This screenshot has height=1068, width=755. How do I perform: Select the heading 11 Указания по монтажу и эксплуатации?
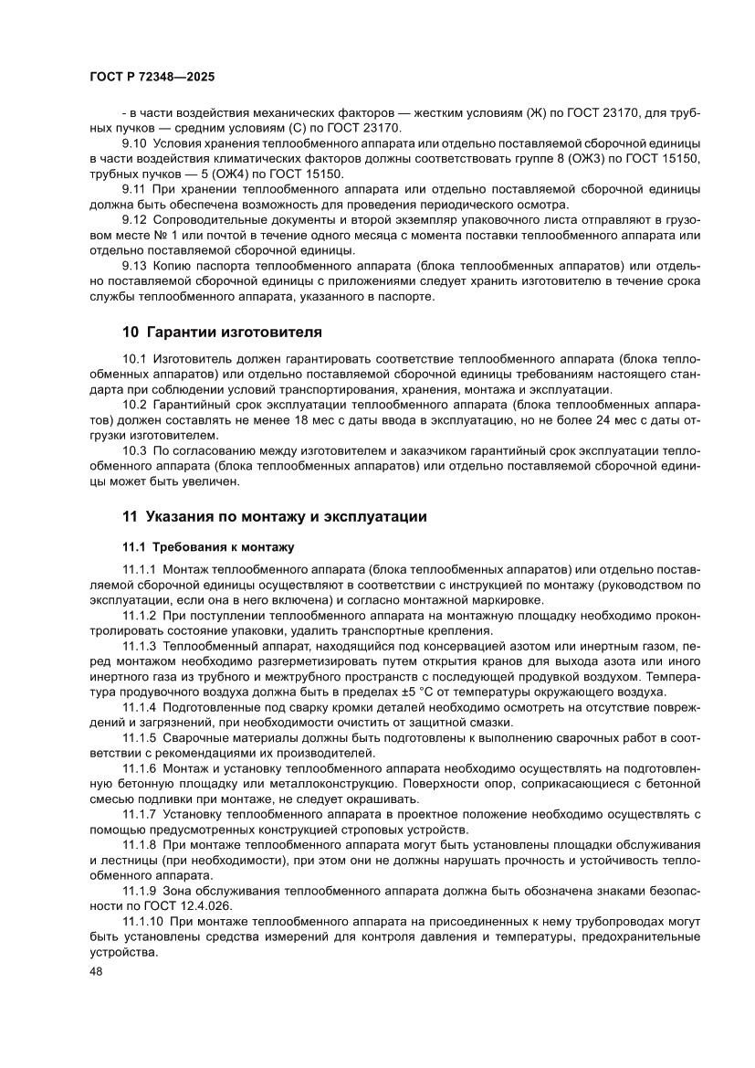pos(274,516)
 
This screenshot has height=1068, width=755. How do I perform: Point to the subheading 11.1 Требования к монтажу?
pos(208,547)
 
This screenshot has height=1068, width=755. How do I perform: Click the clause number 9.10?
pos(134,144)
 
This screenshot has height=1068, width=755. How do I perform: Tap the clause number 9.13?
pos(134,266)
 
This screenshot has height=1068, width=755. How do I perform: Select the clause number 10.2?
pos(134,404)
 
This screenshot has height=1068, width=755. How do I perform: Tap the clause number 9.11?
pos(133,189)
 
